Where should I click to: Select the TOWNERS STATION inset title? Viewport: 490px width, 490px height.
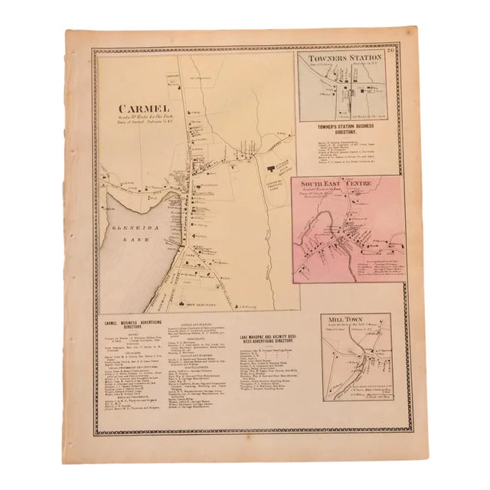344,59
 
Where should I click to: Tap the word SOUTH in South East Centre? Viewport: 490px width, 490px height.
318,183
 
